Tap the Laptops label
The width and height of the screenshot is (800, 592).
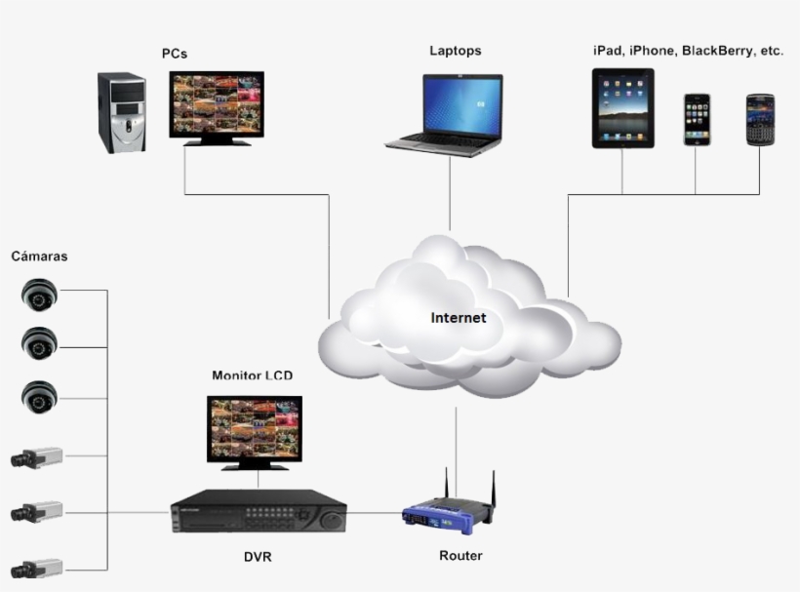coord(455,51)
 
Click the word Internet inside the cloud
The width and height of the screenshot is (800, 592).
coord(458,318)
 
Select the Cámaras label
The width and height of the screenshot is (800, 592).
coord(39,257)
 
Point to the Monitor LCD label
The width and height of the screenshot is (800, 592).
coord(252,375)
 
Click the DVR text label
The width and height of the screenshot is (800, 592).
coord(258,557)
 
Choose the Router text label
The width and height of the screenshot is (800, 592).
coord(460,556)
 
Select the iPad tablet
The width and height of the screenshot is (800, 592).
coord(622,107)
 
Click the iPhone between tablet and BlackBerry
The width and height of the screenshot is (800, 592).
coord(697,119)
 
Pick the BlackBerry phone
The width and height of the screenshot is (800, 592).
coord(760,120)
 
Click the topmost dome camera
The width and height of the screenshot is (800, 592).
coord(40,294)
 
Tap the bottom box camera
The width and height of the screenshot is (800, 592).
coord(37,569)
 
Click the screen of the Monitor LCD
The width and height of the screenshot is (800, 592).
coord(254,426)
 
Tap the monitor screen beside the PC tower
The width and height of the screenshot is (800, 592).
coord(216,102)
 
